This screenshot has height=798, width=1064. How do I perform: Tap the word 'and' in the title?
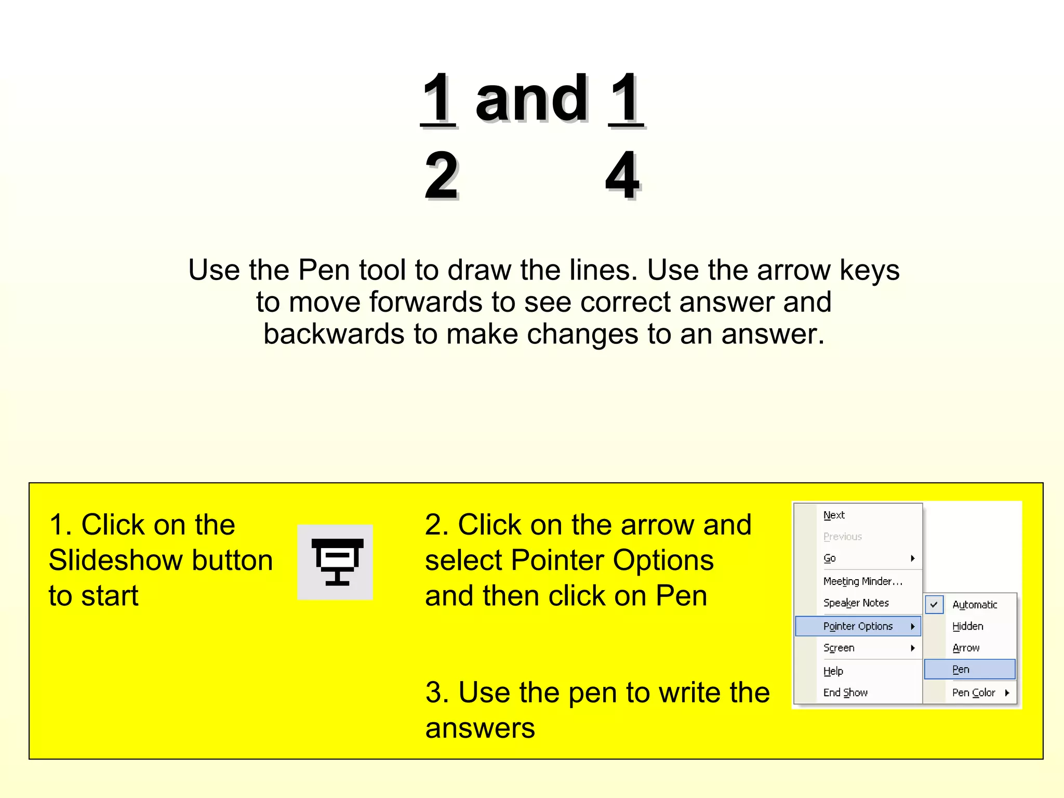coord(531,98)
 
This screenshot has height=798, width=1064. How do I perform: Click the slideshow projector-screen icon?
coord(336,562)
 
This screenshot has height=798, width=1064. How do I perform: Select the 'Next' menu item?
coord(834,515)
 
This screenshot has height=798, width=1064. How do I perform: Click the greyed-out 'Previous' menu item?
coord(842,537)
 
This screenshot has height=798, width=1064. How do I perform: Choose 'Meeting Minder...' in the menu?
coord(862,581)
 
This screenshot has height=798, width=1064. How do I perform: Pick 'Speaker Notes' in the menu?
coord(856,603)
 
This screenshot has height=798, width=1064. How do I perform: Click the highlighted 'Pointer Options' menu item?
coord(858,626)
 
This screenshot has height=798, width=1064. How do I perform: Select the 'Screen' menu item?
coord(839,648)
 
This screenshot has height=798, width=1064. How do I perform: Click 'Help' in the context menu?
coord(833,671)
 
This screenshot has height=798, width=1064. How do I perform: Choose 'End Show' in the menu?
coord(845,693)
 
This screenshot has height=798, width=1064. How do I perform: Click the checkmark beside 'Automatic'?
coord(934,605)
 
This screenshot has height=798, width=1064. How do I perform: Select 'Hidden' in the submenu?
coord(967,626)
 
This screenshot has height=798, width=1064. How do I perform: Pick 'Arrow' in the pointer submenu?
coord(966,648)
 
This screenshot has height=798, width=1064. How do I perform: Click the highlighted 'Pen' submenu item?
coord(961,669)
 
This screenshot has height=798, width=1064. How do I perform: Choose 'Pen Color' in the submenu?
coord(974,693)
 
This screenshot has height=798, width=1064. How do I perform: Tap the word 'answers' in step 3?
coord(480,728)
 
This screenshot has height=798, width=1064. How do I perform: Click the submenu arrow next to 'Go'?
coord(912,558)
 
